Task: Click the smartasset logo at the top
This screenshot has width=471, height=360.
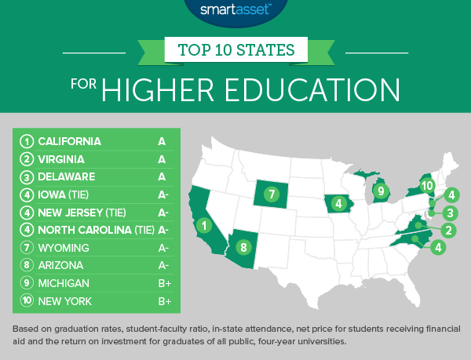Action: point(235,10)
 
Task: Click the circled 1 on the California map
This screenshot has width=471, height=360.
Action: point(205,227)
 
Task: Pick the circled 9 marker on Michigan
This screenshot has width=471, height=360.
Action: point(379,189)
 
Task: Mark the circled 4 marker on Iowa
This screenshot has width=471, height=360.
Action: point(338,205)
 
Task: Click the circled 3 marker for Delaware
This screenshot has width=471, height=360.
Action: point(450,213)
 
